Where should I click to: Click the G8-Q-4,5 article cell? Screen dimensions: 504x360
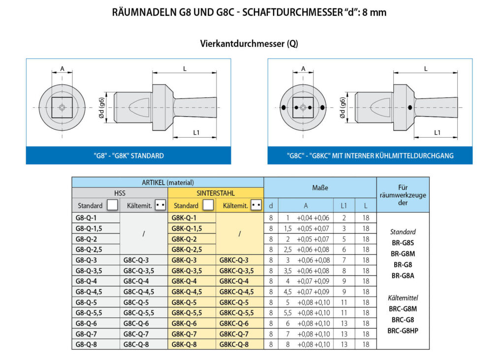96,292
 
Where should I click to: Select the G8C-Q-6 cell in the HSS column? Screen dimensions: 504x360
143,324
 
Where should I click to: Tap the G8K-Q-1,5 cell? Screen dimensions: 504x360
191,228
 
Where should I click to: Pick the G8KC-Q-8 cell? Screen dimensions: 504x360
240,344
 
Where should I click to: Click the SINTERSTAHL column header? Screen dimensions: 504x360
216,193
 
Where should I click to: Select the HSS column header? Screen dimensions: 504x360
120,193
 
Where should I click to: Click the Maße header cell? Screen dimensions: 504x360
320,187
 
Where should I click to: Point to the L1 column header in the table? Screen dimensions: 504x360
344,206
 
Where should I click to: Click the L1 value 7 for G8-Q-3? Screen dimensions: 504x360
344,260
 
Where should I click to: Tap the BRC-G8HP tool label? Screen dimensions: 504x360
403,331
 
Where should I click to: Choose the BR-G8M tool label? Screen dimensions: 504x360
403,254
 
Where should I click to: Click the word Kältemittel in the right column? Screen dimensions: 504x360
403,298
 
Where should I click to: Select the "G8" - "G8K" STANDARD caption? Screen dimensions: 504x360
128,156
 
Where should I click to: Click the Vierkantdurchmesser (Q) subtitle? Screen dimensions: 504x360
249,43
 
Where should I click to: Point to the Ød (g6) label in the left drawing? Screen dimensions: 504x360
101,108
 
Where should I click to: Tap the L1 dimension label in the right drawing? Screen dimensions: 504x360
437,132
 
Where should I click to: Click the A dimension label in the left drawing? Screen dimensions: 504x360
62,68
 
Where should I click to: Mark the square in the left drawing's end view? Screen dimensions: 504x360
62,108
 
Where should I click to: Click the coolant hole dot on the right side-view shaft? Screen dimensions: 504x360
410,108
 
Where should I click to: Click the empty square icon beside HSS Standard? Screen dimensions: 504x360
112,205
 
